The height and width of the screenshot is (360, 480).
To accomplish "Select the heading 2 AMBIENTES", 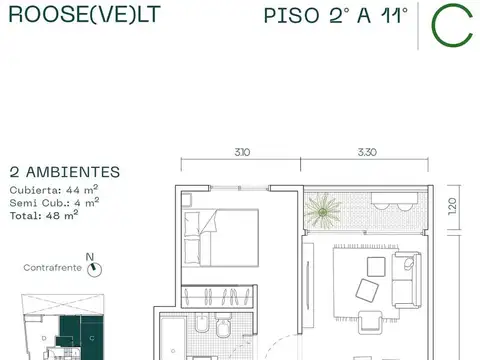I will pyautogui.click(x=64, y=172).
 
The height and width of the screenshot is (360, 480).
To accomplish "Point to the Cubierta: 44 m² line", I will pyautogui.click(x=54, y=188).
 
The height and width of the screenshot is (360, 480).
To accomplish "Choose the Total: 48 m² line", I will pyautogui.click(x=45, y=212).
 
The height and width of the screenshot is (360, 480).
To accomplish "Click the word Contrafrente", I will pyautogui.click(x=53, y=268).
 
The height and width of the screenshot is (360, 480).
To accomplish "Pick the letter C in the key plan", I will pyautogui.click(x=91, y=338).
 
